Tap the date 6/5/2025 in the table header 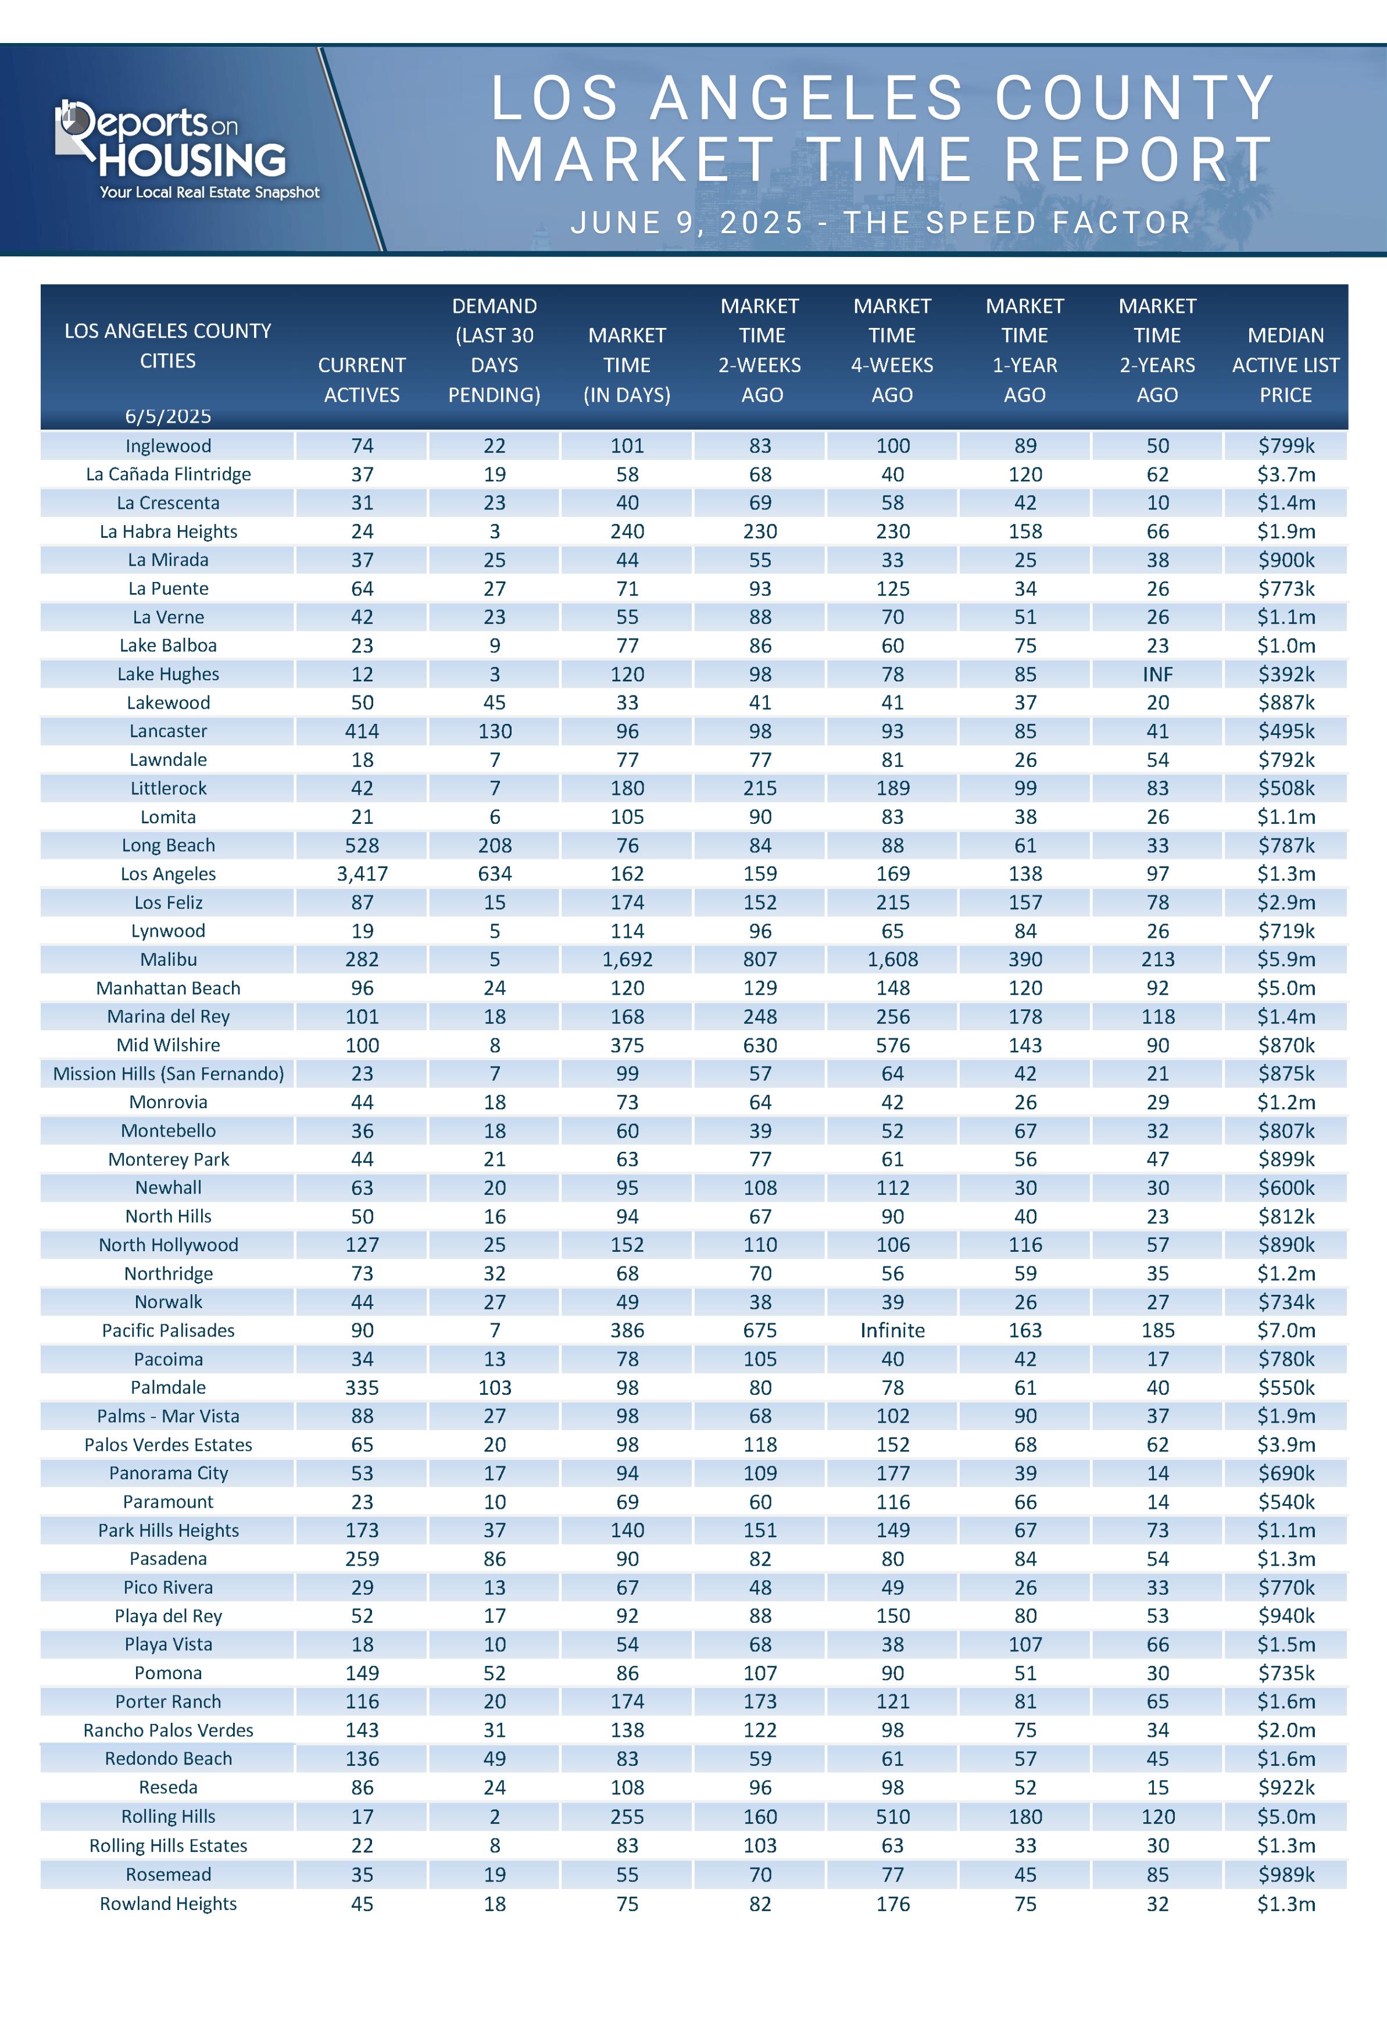(x=168, y=416)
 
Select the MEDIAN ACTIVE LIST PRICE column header (x=1285, y=365)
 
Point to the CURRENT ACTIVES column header (x=362, y=379)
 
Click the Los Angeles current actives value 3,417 (x=362, y=873)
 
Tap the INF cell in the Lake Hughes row (x=1157, y=674)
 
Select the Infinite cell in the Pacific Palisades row (x=892, y=1330)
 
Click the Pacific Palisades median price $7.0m (x=1285, y=1330)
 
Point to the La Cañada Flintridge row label (x=168, y=474)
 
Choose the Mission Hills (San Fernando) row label (x=168, y=1073)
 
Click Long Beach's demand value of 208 (x=495, y=845)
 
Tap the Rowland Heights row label (x=168, y=1904)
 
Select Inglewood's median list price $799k (x=1285, y=446)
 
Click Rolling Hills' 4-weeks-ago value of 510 (x=892, y=1817)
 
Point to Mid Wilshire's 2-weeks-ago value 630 (x=760, y=1045)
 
